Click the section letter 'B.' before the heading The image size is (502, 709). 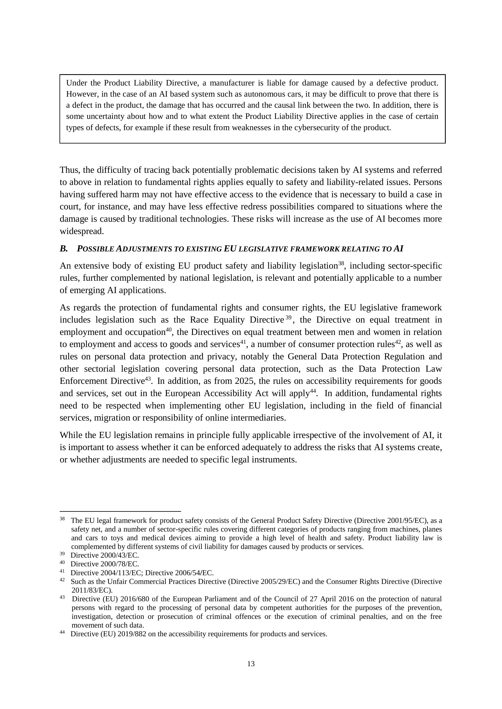(x=64, y=249)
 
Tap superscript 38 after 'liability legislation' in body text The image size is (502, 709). (x=341, y=263)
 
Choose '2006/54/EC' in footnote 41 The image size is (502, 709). (x=195, y=573)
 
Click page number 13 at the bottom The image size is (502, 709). (x=251, y=664)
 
